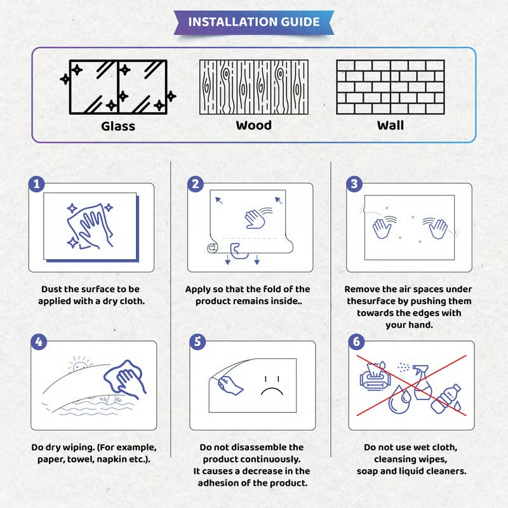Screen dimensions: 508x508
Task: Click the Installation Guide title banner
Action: tap(254, 22)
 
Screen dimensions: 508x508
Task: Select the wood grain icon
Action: tap(254, 87)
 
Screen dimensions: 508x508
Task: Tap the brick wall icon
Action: tap(390, 87)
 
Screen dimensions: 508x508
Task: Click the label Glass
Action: tap(118, 126)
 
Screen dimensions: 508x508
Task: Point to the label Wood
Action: tap(254, 125)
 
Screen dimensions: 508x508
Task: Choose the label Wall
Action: tap(390, 125)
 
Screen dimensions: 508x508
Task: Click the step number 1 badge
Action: tap(37, 184)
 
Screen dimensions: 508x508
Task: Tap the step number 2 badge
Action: tap(196, 184)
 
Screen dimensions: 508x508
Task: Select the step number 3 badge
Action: tap(354, 184)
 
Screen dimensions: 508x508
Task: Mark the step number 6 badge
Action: tap(356, 342)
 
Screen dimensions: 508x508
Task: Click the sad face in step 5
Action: tap(272, 383)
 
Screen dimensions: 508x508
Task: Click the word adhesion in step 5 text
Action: tap(224, 482)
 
